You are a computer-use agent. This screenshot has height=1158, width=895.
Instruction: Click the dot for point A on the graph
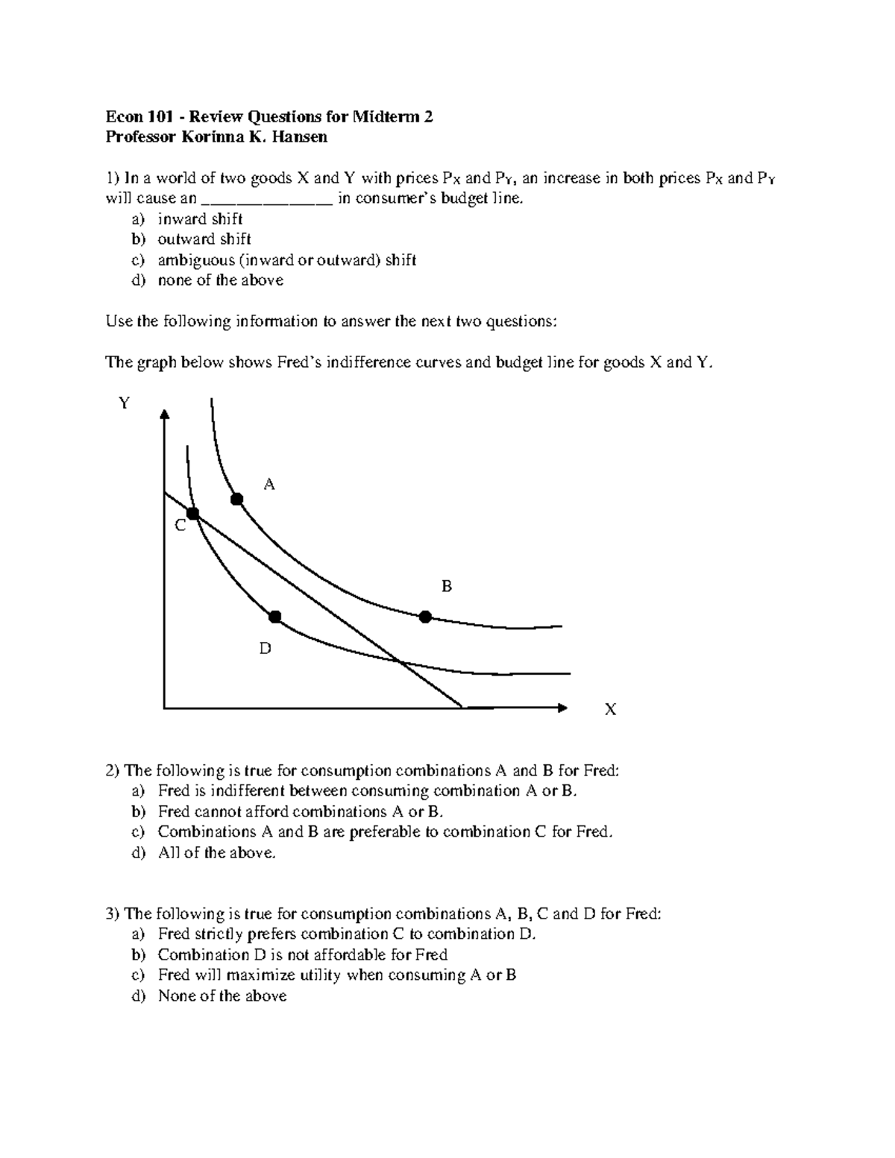(237, 499)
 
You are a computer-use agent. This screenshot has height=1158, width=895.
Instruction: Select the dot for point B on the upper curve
(425, 617)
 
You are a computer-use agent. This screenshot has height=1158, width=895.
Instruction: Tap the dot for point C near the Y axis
(193, 514)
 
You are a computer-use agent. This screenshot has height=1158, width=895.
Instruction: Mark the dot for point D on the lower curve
(275, 617)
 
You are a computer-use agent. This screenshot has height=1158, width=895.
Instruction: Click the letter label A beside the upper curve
(270, 485)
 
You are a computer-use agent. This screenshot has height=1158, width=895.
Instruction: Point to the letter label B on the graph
(447, 587)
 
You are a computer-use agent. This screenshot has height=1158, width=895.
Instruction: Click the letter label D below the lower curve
(265, 649)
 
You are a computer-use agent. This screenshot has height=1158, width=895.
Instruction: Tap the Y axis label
(124, 403)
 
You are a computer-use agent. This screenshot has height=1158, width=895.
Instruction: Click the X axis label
(610, 710)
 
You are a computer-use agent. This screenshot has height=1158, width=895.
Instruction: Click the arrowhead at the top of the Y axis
(164, 415)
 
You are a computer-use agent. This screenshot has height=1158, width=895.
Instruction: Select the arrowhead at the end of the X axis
(562, 707)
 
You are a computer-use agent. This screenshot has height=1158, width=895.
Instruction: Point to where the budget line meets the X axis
(462, 707)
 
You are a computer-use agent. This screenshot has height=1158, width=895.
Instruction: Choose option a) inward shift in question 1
(200, 219)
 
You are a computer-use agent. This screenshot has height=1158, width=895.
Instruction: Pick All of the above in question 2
(216, 853)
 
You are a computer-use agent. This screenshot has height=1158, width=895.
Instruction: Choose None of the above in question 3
(222, 996)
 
